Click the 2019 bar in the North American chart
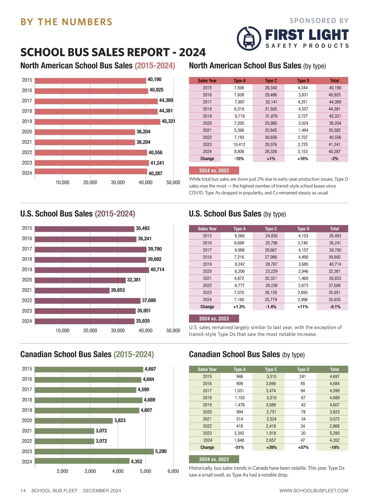pyautogui.click(x=97, y=122)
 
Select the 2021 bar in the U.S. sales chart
pyautogui.click(x=72, y=290)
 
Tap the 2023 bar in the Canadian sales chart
pyautogui.click(x=94, y=451)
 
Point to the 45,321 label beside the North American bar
pyautogui.click(x=169, y=121)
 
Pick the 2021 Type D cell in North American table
pyautogui.click(x=303, y=130)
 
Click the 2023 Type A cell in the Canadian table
pyautogui.click(x=240, y=433)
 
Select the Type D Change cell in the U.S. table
pyautogui.click(x=303, y=307)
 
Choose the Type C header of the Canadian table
pyautogui.click(x=271, y=369)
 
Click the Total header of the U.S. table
pyautogui.click(x=334, y=229)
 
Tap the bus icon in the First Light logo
pyautogui.click(x=249, y=38)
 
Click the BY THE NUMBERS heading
pyautogui.click(x=66, y=22)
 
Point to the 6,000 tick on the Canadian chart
pyautogui.click(x=173, y=471)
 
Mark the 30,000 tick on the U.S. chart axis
pyautogui.click(x=118, y=330)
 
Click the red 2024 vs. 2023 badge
pyautogui.click(x=214, y=170)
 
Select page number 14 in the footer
pyautogui.click(x=23, y=490)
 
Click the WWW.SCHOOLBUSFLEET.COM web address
pyautogui.click(x=314, y=490)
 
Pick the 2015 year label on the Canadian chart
pyautogui.click(x=27, y=369)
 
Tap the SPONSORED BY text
pyautogui.click(x=319, y=21)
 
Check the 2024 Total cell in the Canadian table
pyautogui.click(x=334, y=440)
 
